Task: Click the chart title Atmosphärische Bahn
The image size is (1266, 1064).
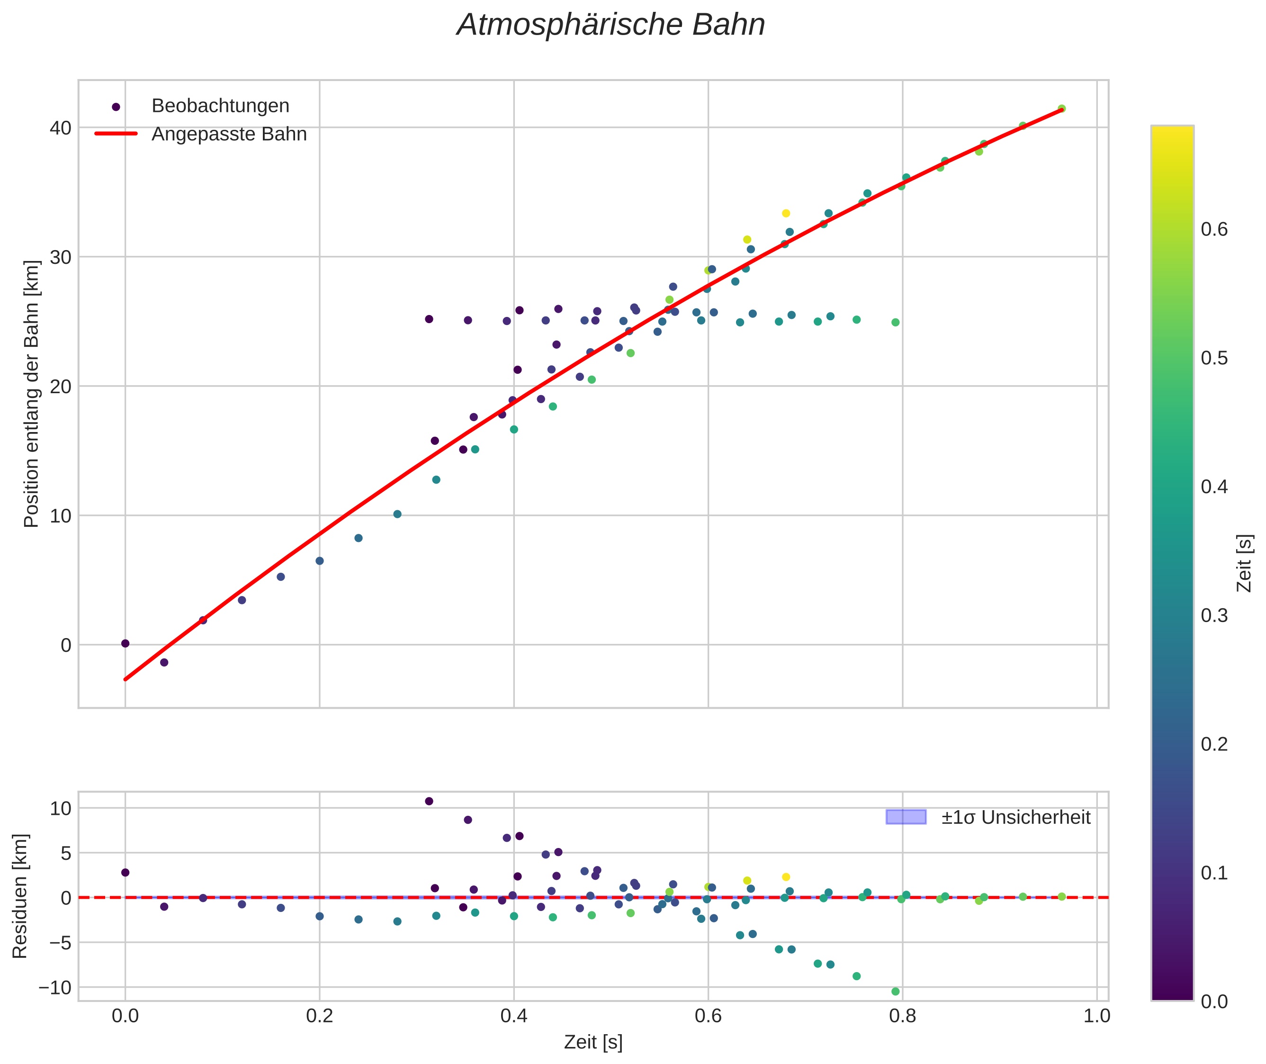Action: (611, 25)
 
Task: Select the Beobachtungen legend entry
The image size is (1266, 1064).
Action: (220, 106)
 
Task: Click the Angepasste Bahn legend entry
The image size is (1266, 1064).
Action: (229, 134)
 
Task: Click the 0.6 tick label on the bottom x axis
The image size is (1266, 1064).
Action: (708, 1016)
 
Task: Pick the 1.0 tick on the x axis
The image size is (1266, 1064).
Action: (1096, 1016)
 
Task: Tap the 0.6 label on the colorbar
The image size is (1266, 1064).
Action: (1213, 230)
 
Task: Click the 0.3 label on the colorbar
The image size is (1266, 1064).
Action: (1213, 615)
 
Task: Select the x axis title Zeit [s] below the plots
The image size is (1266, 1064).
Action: (593, 1042)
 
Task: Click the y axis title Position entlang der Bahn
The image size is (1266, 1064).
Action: (31, 394)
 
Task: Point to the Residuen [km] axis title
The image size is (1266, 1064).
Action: (20, 896)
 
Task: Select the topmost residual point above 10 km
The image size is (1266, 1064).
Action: (429, 801)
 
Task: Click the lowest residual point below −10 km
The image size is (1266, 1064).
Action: (895, 992)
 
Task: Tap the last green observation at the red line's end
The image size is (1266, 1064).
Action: (1061, 108)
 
